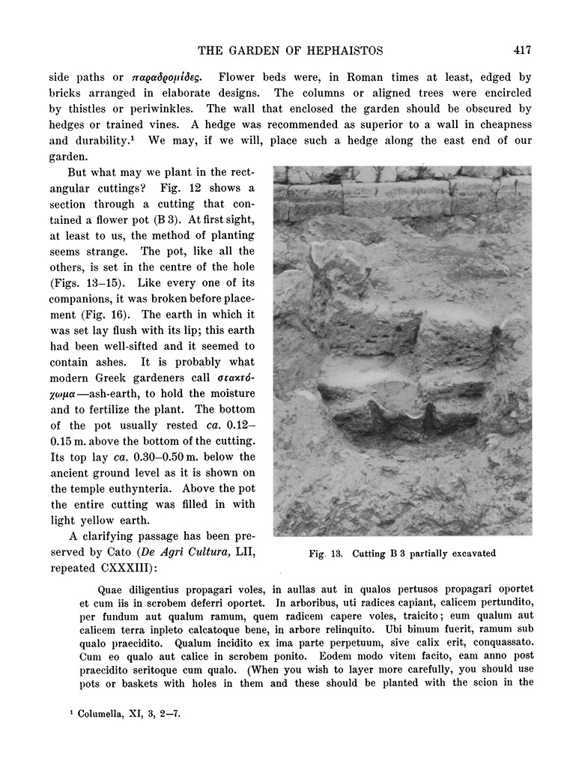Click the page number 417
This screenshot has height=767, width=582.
[522, 51]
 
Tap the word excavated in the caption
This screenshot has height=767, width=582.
[470, 554]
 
